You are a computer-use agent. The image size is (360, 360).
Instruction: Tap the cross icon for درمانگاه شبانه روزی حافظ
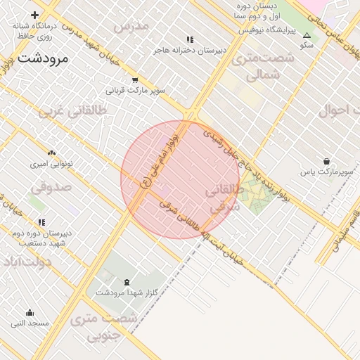click(x=34, y=15)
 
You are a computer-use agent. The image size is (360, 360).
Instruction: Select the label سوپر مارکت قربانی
click(x=135, y=90)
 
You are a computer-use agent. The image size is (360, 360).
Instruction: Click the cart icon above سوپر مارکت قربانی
click(x=134, y=79)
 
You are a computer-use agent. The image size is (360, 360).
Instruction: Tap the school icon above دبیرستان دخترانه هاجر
click(x=189, y=39)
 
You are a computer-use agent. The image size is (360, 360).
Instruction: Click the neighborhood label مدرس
click(x=131, y=26)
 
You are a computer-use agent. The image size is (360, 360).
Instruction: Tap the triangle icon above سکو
click(x=307, y=35)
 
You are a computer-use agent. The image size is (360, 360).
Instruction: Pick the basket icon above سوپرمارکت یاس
click(x=326, y=161)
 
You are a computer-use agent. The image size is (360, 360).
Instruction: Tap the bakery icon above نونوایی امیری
click(x=51, y=153)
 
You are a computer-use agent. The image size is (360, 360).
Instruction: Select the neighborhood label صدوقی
click(x=51, y=188)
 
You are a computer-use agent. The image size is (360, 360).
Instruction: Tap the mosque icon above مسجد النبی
click(x=30, y=313)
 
